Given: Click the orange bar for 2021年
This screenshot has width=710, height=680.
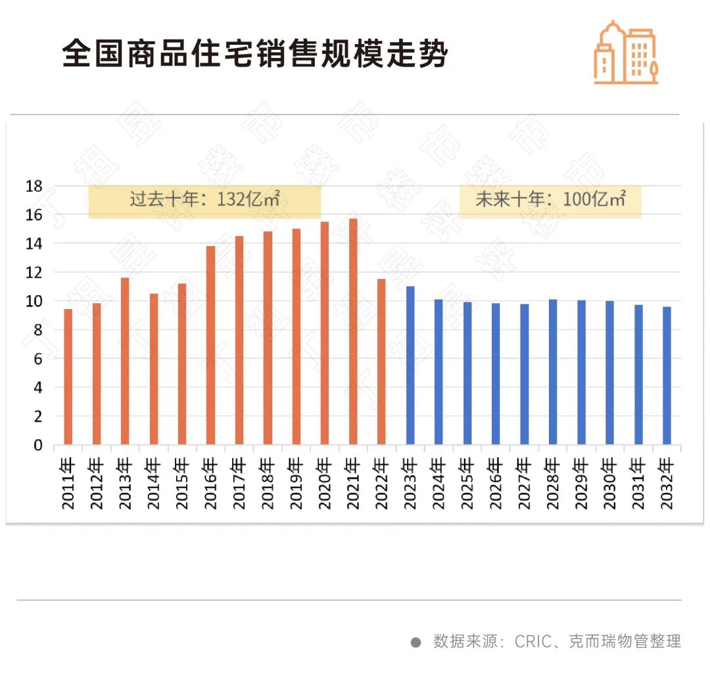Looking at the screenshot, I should pyautogui.click(x=353, y=332).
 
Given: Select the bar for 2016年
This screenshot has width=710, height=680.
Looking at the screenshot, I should pyautogui.click(x=210, y=345).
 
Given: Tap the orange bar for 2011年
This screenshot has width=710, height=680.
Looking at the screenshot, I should pyautogui.click(x=68, y=377).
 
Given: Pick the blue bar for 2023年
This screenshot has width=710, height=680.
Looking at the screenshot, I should pyautogui.click(x=410, y=366).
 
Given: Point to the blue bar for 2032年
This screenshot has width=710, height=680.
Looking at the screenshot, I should pyautogui.click(x=667, y=376).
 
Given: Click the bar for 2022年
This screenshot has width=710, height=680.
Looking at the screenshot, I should pyautogui.click(x=381, y=362).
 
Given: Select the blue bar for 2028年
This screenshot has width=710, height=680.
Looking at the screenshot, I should pyautogui.click(x=553, y=372).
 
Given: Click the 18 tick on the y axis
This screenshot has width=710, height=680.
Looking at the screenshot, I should pyautogui.click(x=34, y=187).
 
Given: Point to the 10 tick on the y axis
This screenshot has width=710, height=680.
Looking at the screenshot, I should pyautogui.click(x=34, y=301).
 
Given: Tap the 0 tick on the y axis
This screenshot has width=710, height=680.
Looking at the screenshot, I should pyautogui.click(x=38, y=445).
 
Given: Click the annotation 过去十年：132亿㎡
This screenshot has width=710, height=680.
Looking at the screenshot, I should pyautogui.click(x=204, y=201).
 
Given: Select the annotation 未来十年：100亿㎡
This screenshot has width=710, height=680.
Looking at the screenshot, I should pyautogui.click(x=550, y=200).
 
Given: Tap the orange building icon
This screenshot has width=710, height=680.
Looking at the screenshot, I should pyautogui.click(x=625, y=53).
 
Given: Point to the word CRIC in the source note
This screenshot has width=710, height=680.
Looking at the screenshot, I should pyautogui.click(x=532, y=641).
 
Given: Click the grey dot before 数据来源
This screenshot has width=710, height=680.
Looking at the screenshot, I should pyautogui.click(x=415, y=642).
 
